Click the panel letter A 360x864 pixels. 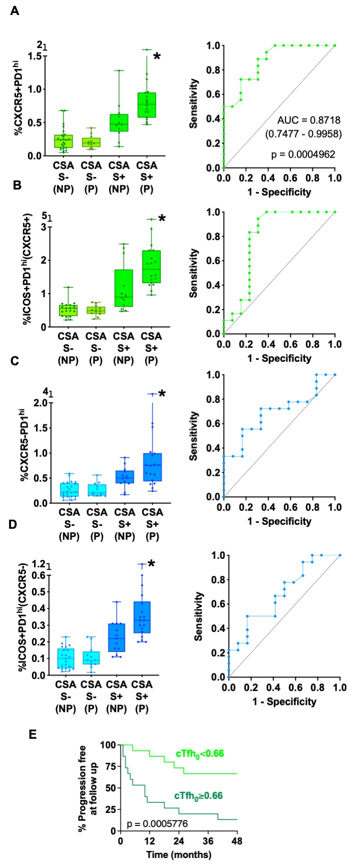(x=15, y=11)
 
